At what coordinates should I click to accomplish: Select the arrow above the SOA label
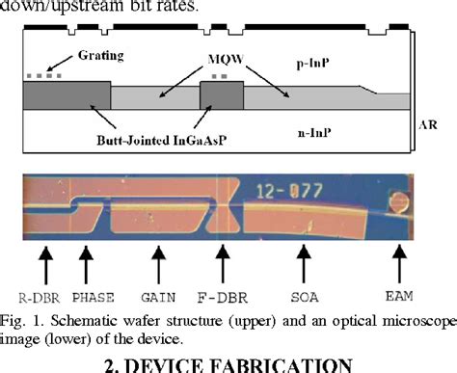[305, 261]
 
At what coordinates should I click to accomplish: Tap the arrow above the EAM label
[397, 261]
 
